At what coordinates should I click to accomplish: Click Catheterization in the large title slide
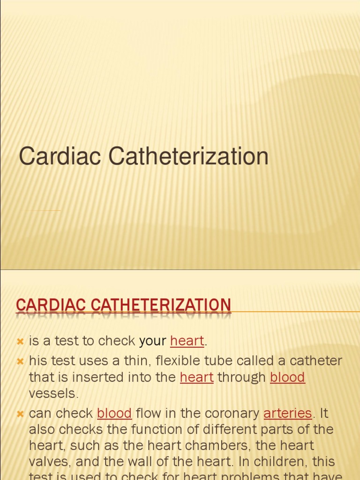coord(188,157)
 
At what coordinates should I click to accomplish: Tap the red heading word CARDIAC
coord(51,305)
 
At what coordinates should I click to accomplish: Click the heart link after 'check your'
coord(187,341)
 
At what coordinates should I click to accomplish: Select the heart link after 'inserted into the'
coord(196,377)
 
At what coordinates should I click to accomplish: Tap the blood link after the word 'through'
coord(287,377)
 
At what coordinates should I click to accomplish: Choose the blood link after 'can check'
coord(114,413)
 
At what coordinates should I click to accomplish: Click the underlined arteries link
coord(287,413)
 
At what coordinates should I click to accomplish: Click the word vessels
coord(52,393)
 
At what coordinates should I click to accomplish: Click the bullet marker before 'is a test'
coord(20,342)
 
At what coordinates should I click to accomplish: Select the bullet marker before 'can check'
coord(20,414)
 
